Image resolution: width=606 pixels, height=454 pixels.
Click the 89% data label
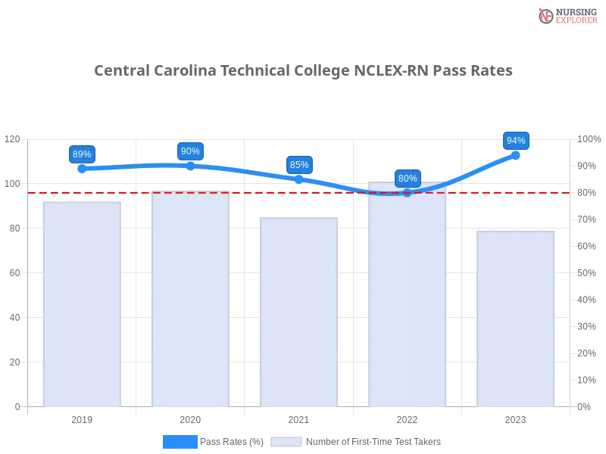point(82,154)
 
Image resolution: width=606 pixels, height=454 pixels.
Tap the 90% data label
point(190,151)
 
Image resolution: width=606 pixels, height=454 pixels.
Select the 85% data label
point(299,165)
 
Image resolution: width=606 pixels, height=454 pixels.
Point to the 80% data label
point(408,179)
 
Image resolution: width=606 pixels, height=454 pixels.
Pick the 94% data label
point(516,141)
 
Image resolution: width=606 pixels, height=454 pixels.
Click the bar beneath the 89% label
point(82,303)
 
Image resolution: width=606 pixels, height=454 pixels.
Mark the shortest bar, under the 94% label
point(516,318)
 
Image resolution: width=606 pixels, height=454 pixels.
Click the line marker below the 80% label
point(407,193)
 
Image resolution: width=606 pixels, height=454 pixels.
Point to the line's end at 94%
point(516,155)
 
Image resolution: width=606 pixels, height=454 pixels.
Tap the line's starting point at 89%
point(80,169)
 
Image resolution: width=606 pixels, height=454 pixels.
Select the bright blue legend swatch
point(180,441)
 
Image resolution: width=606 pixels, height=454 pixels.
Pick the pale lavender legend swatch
point(286,441)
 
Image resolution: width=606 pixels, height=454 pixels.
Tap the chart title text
point(302,70)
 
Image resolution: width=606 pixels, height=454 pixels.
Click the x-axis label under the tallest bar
point(407,418)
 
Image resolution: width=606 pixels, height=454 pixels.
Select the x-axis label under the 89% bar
point(82,418)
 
